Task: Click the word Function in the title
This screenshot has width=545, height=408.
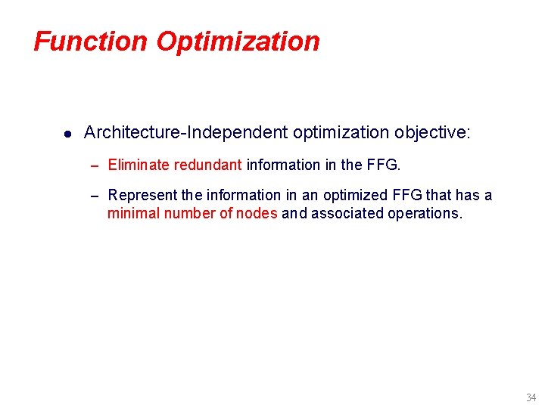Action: pyautogui.click(x=92, y=41)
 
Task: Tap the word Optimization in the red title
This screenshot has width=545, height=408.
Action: pyautogui.click(x=238, y=41)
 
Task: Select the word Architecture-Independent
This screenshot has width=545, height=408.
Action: pyautogui.click(x=185, y=133)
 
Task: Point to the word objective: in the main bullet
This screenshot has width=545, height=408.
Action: pyautogui.click(x=432, y=133)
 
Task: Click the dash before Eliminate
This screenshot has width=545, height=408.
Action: pyautogui.click(x=95, y=165)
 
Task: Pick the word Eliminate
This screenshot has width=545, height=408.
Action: pyautogui.click(x=139, y=165)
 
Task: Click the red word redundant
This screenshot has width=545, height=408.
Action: pyautogui.click(x=207, y=165)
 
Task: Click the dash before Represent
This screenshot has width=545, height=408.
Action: pyautogui.click(x=95, y=196)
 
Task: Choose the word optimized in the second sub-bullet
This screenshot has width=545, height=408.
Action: pyautogui.click(x=355, y=196)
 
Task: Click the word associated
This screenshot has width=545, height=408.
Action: pyautogui.click(x=347, y=214)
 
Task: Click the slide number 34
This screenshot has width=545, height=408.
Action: pyautogui.click(x=531, y=397)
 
